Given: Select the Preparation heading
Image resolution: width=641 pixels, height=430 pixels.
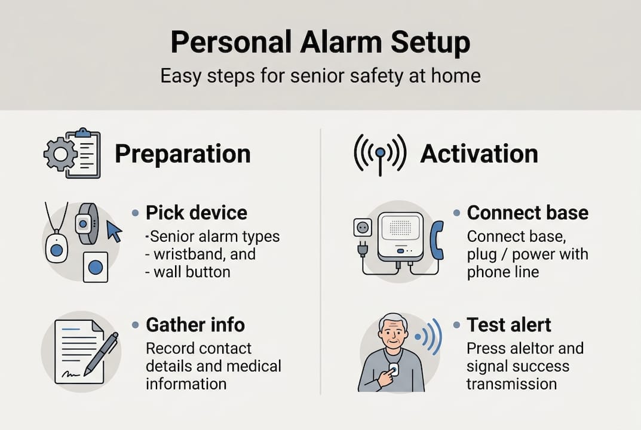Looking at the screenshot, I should (182, 154).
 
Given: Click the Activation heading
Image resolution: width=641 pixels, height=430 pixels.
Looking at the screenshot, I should (479, 154).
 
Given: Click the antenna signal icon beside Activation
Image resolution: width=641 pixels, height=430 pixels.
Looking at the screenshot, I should (380, 153).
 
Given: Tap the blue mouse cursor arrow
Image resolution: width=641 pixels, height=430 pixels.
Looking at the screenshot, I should (114, 232).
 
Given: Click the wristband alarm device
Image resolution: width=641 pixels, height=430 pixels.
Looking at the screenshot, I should (86, 224).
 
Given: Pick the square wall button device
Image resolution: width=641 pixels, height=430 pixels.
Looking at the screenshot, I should (95, 267).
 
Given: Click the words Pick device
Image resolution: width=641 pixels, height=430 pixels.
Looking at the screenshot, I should (196, 213).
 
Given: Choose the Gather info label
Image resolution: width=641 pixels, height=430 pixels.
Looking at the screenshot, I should (195, 325).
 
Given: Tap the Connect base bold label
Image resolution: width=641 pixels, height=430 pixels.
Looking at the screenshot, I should (527, 213).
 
